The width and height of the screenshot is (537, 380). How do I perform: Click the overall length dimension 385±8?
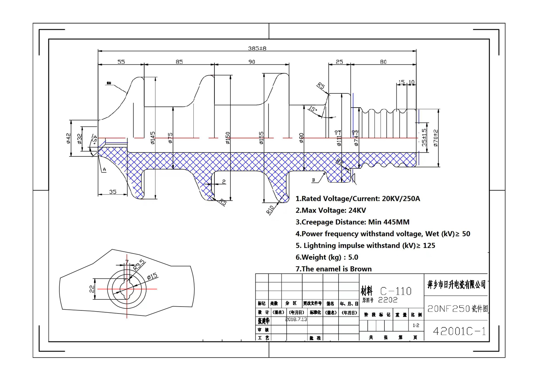[257, 48]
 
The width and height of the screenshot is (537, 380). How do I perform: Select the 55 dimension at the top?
[121, 61]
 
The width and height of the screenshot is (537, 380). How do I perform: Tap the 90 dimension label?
[252, 61]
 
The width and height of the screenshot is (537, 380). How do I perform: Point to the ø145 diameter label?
[153, 138]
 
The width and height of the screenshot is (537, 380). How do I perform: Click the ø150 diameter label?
[227, 138]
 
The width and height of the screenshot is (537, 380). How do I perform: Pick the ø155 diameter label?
[261, 138]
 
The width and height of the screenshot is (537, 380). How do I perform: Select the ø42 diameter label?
[68, 138]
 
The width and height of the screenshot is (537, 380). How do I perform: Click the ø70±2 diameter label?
[436, 138]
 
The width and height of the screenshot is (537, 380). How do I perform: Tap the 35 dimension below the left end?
[113, 192]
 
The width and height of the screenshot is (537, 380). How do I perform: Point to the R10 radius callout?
[270, 209]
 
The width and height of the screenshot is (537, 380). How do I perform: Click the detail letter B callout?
[313, 180]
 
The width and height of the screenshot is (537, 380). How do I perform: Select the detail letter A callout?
[104, 169]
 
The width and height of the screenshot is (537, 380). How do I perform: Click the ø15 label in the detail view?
[152, 276]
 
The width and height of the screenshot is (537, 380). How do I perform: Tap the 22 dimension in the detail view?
[92, 289]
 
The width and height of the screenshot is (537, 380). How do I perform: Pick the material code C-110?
[396, 291]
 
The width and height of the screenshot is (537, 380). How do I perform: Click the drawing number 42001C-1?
[459, 331]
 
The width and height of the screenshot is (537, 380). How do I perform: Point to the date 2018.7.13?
[296, 319]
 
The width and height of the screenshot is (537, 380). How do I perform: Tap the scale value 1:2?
[416, 325]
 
